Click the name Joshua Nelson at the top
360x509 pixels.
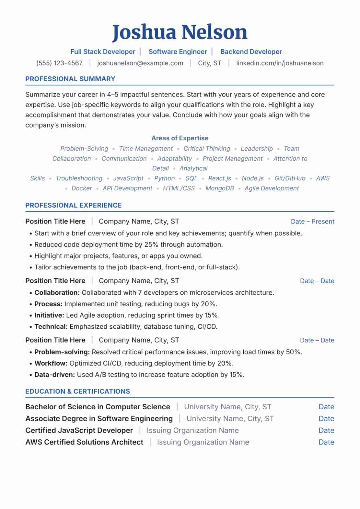[x=180, y=32]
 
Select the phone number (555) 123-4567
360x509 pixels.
[x=59, y=63]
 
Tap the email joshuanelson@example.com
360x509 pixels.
[x=140, y=63]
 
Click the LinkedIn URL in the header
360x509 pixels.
[x=280, y=63]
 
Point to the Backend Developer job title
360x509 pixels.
[x=251, y=52]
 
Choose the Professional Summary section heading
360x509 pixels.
[x=70, y=79]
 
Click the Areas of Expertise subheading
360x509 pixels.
[x=180, y=138]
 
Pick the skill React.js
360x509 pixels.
[x=219, y=178]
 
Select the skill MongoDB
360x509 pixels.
[x=219, y=188]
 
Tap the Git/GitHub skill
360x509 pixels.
[x=290, y=178]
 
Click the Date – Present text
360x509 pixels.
[x=312, y=222]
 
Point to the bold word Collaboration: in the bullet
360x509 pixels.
[x=57, y=293]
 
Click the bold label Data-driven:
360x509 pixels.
[x=55, y=375]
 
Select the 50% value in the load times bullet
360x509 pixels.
[x=293, y=352]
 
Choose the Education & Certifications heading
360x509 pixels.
[x=77, y=391]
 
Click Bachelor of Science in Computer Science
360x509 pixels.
[x=98, y=407]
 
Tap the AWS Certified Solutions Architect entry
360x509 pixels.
[x=84, y=442]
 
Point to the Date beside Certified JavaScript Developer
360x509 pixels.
[x=326, y=431]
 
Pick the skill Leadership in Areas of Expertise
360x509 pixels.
[x=257, y=149]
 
